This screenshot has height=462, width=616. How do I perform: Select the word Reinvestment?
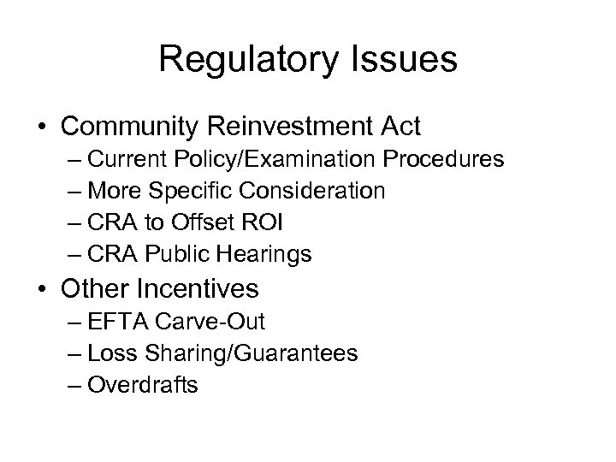tap(295, 127)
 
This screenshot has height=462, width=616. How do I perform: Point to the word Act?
tap(400, 127)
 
